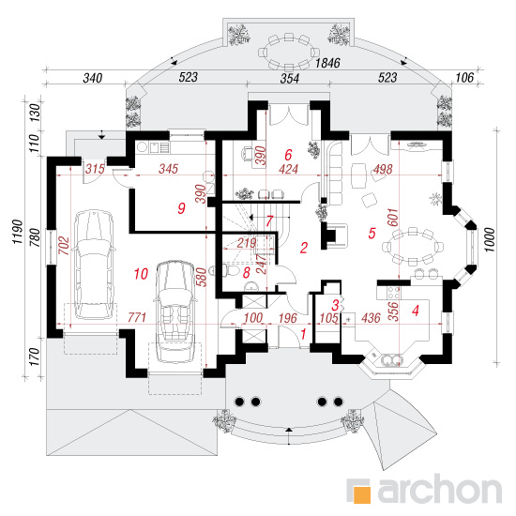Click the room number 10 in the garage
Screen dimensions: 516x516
pos(141,274)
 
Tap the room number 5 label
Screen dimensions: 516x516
pos(372,234)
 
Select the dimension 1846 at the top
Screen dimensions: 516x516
pos(327,63)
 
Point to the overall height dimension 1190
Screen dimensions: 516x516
pos(18,232)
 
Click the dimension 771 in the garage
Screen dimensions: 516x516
pos(137,317)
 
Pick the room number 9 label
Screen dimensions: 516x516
pos(181,208)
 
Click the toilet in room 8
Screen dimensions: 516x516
pos(232,271)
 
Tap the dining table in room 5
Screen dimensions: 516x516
pos(413,246)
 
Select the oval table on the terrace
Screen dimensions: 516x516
pos(289,52)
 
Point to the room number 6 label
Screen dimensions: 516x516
pos(288,155)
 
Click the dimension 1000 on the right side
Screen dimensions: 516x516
pos(490,239)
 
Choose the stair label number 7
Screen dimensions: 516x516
pos(269,220)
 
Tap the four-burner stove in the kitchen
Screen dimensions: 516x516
pos(393,293)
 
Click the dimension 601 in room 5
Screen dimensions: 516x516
pos(393,218)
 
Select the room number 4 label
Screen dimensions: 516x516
pos(416,311)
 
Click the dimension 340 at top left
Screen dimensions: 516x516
pos(93,78)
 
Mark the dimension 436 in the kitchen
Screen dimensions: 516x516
pos(371,318)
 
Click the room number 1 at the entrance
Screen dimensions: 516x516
pos(303,334)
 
